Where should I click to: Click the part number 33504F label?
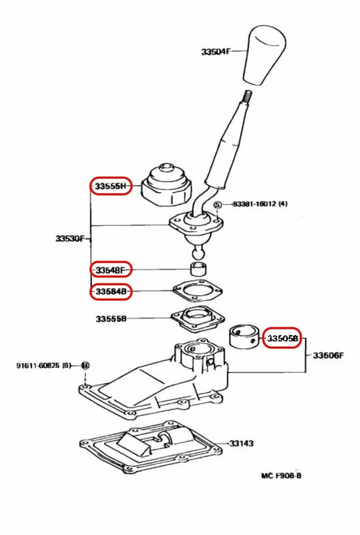(x=215, y=51)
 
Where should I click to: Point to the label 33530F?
(x=70, y=239)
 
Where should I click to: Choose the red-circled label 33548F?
(x=111, y=270)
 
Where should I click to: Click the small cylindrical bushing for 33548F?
(x=199, y=270)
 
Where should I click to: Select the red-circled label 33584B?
(x=111, y=291)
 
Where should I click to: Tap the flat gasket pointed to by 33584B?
(x=197, y=291)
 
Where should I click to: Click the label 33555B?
(x=111, y=319)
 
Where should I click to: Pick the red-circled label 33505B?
(x=282, y=338)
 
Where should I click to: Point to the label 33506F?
(x=328, y=355)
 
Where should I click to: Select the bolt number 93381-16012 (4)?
(x=260, y=204)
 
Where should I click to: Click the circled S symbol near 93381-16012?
(x=218, y=205)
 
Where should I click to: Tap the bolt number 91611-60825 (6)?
(x=43, y=366)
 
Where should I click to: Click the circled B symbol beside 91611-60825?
(x=85, y=366)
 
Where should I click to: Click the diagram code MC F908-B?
(x=282, y=476)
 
